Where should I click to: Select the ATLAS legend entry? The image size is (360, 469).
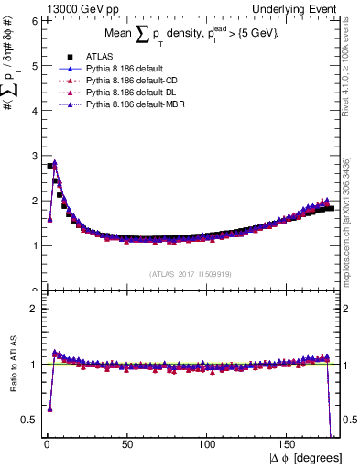tap(95, 56)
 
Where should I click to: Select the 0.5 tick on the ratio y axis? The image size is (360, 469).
tap(29, 420)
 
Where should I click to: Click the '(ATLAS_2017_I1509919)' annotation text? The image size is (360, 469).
tap(189, 273)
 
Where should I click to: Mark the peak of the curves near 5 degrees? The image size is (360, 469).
tap(55, 164)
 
